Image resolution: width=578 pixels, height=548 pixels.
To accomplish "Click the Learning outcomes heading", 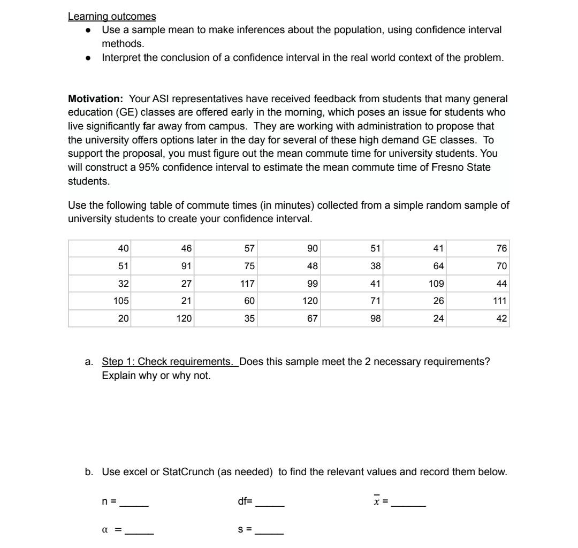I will coord(112,17).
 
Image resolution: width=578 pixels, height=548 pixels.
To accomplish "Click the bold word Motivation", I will coord(95,99).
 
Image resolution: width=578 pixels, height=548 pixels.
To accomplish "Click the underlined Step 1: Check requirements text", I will coord(170,362).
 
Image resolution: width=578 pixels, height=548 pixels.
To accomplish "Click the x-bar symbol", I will coord(377,501).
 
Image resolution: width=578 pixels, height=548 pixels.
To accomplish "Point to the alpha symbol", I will coord(105,531).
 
